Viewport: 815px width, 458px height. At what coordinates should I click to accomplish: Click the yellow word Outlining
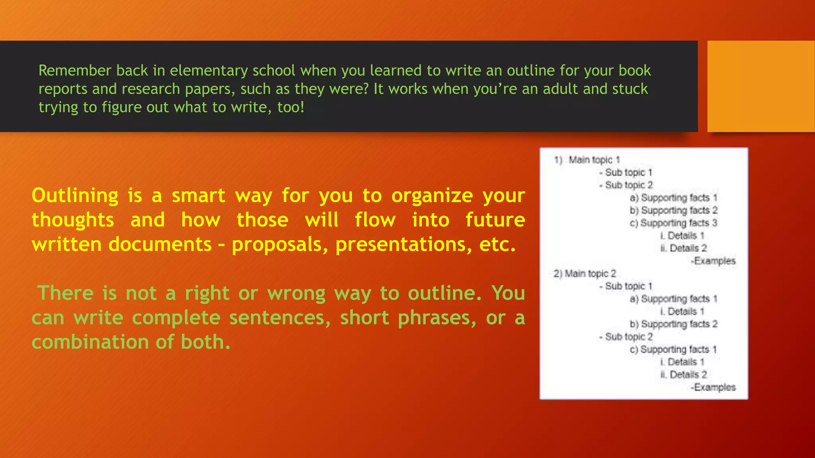pyautogui.click(x=75, y=196)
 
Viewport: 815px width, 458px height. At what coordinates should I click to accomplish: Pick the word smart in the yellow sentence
pyautogui.click(x=198, y=196)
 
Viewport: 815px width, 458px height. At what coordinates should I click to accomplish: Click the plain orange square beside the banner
pyautogui.click(x=760, y=86)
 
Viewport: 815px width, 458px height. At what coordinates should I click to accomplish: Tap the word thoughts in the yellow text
pyautogui.click(x=73, y=220)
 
